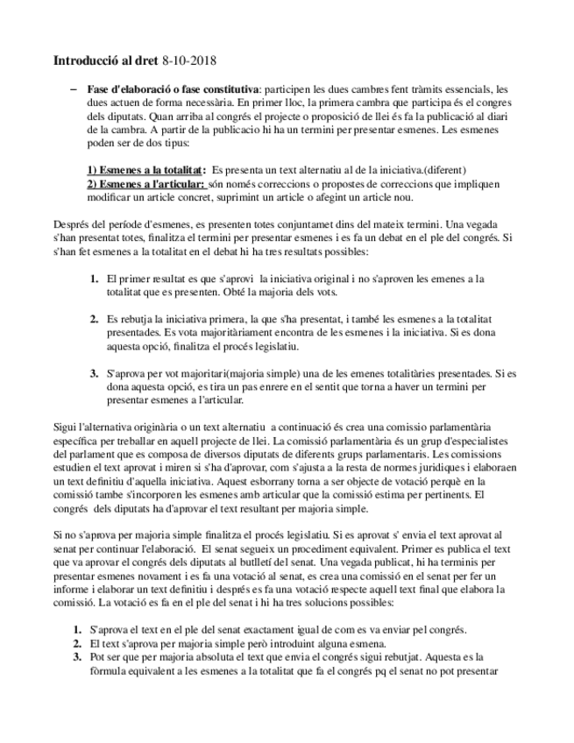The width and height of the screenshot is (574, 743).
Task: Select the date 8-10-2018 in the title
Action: [188, 61]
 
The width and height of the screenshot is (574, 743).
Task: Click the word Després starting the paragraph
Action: [73, 224]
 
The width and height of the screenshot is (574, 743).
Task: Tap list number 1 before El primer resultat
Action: [94, 279]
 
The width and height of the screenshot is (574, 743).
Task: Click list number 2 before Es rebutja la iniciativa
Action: [94, 319]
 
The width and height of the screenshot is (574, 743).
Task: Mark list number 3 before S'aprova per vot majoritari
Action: [94, 373]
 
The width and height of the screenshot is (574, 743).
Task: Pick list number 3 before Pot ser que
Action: [76, 656]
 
